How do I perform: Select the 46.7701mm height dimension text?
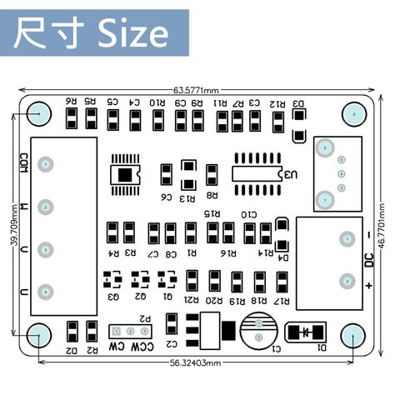tap(382, 225)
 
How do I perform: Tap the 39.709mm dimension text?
tap(12, 229)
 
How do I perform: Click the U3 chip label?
tap(288, 175)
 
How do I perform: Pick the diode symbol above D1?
tap(307, 332)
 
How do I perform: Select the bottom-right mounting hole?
tap(354, 336)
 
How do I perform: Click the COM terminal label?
tap(24, 162)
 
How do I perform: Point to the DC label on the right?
tap(368, 261)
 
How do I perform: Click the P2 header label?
tap(146, 318)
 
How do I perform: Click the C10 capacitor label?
tap(248, 215)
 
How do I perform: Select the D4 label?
tap(284, 258)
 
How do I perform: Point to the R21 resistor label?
tap(192, 300)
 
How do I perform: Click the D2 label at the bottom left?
tap(72, 351)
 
